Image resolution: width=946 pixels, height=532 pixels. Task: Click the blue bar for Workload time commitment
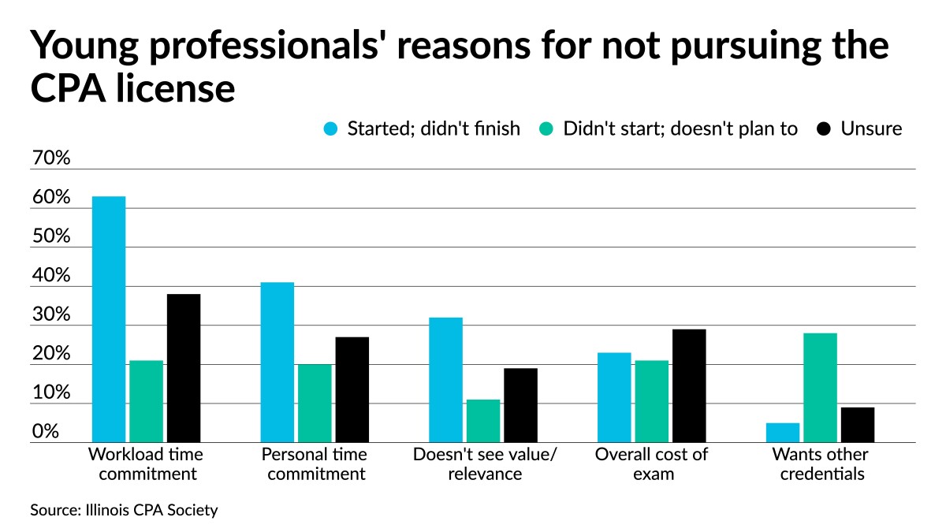[109, 319]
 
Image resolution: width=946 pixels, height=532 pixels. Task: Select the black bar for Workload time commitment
[183, 368]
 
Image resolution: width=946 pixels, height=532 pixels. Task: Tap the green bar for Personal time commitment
[315, 403]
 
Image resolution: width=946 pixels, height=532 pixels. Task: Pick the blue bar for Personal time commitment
[277, 363]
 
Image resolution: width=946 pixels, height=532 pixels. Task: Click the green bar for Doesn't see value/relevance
[483, 421]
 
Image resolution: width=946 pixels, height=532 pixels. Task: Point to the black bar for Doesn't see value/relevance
[520, 405]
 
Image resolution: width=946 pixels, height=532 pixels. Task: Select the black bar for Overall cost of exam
[689, 386]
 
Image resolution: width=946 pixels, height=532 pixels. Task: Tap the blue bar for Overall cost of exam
[614, 397]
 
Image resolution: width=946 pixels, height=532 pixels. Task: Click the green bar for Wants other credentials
[820, 388]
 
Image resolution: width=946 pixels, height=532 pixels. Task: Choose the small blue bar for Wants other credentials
[783, 433]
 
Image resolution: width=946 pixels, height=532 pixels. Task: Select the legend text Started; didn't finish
[434, 129]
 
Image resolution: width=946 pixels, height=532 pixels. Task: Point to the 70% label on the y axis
[51, 158]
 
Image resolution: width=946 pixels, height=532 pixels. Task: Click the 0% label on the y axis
[46, 432]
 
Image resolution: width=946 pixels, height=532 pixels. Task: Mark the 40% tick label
[51, 276]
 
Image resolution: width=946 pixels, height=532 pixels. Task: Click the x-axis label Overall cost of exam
[651, 464]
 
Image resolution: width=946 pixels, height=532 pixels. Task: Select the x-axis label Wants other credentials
[820, 464]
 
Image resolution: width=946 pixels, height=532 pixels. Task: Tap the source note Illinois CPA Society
[124, 510]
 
